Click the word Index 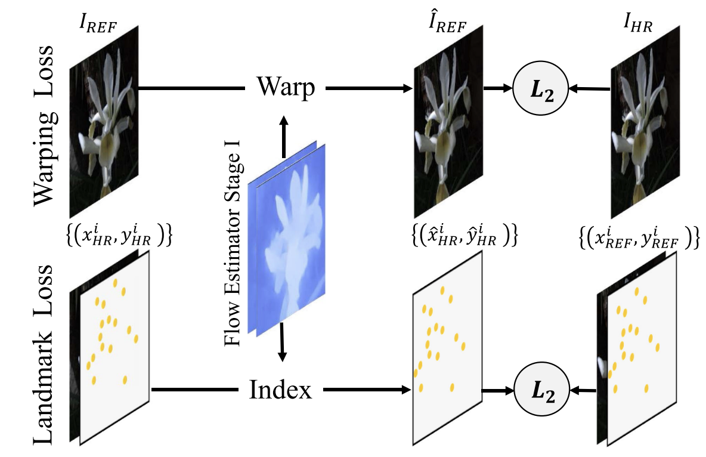[x=280, y=391]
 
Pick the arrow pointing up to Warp [x=283, y=134]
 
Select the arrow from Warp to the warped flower [x=370, y=88]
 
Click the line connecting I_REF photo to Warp [x=191, y=88]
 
